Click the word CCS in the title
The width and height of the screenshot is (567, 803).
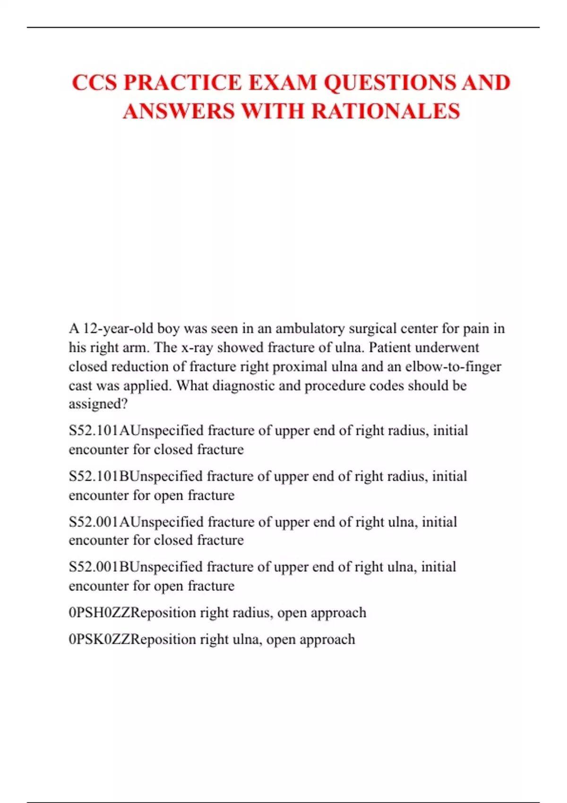pyautogui.click(x=94, y=83)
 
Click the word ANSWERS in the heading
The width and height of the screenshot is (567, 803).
pyautogui.click(x=179, y=111)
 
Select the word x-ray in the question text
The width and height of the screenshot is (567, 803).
pyautogui.click(x=197, y=348)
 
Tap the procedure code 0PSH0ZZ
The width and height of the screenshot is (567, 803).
pyautogui.click(x=99, y=613)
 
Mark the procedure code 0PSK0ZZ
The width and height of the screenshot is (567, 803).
pyautogui.click(x=99, y=640)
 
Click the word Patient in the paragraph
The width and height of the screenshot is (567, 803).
pyautogui.click(x=389, y=348)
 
